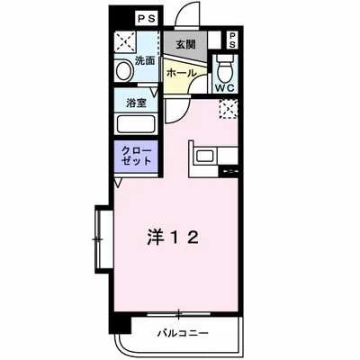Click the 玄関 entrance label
point(184,44)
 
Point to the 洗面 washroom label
point(145,61)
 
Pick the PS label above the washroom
point(145,17)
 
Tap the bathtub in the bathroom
point(136,123)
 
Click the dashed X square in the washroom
point(124,43)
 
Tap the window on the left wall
point(96,238)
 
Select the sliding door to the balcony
point(180,315)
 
